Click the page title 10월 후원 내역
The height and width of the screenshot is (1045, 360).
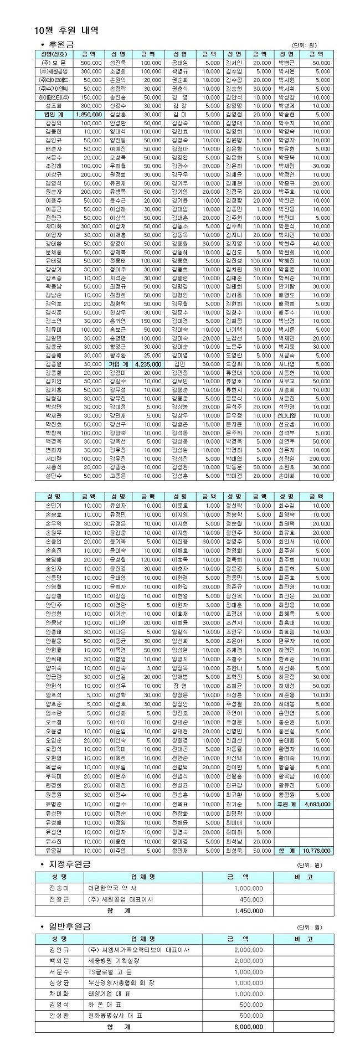66,30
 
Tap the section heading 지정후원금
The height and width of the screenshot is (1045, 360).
69,864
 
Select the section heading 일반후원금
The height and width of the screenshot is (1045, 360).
69,926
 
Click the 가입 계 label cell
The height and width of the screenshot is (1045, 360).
119,364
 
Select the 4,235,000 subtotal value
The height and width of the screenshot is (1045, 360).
148,364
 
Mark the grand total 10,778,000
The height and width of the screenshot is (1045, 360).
317,850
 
